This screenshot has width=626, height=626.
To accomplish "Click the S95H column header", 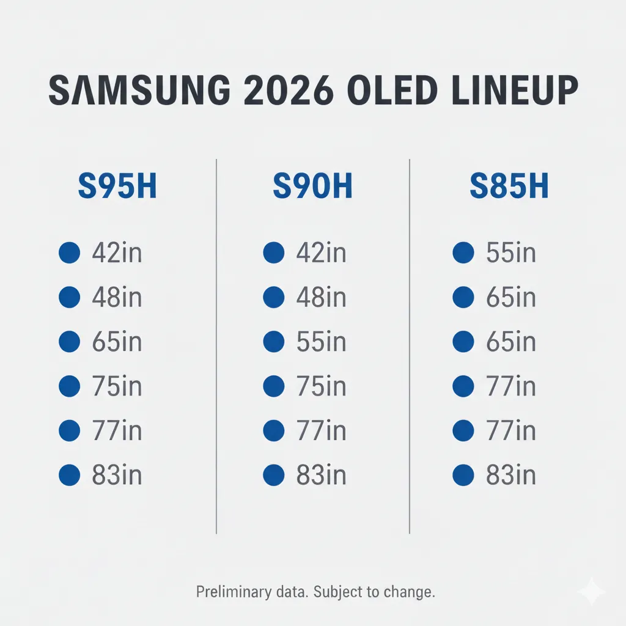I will (x=117, y=187).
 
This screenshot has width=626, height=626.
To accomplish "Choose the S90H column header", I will (x=312, y=187).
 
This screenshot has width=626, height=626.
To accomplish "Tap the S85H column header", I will (x=509, y=187).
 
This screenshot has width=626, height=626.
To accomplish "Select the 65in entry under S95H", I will (x=117, y=342).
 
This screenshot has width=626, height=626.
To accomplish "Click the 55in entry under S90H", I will (x=321, y=342).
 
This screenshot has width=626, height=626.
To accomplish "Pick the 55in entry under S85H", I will (x=511, y=252).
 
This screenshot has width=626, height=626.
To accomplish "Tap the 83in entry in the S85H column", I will (x=511, y=474).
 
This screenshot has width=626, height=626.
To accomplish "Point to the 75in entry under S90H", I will (x=321, y=386).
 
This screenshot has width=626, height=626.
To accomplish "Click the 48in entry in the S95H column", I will (x=117, y=297).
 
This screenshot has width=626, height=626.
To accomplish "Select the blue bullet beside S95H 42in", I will (x=69, y=252).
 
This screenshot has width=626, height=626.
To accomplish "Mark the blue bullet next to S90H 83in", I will (x=274, y=474).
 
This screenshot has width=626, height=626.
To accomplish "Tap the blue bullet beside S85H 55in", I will (x=463, y=252).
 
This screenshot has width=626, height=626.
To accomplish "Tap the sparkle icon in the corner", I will (x=591, y=592).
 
